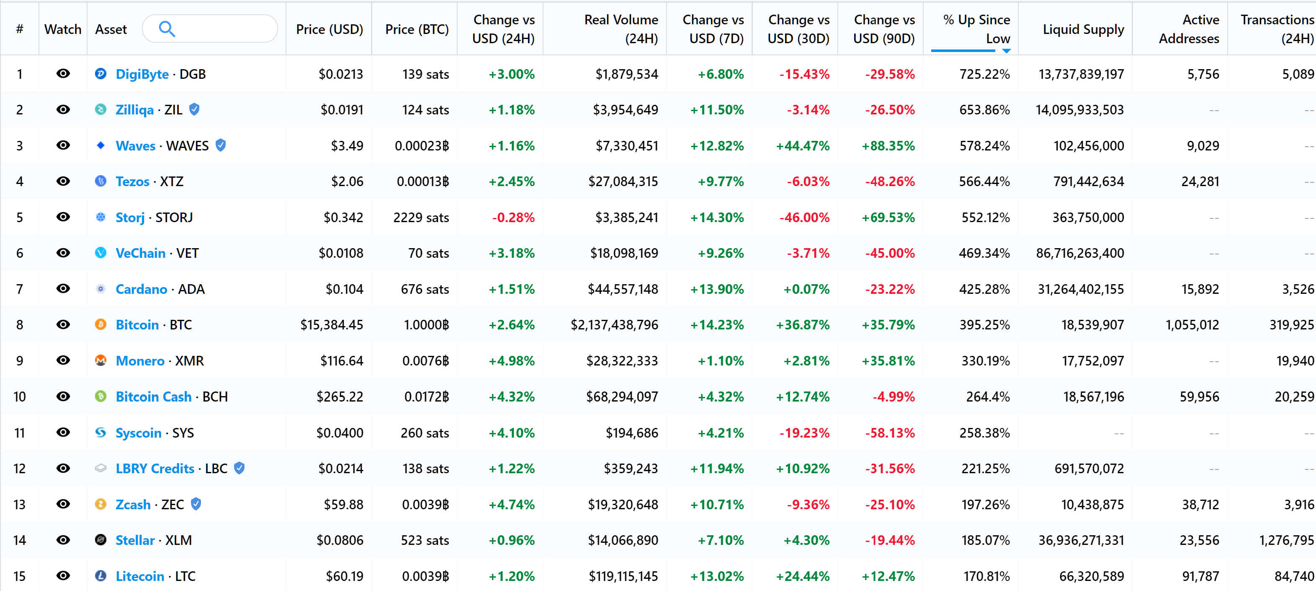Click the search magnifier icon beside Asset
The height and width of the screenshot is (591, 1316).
167,29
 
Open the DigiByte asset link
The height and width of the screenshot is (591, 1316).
142,74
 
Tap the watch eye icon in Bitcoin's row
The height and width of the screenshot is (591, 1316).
63,325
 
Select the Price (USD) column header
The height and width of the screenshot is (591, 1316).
330,29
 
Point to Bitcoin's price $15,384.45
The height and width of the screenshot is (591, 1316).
332,325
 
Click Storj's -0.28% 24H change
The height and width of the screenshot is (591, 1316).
513,217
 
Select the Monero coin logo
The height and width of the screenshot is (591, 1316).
100,360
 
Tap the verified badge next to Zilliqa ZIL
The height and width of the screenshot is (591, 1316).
194,109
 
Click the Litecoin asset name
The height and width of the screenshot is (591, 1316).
140,576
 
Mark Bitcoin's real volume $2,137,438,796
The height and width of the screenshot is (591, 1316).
614,325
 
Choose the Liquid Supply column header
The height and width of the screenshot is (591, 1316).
1083,29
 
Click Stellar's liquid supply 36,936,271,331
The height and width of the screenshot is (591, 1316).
1081,540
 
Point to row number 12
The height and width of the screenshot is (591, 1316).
19,468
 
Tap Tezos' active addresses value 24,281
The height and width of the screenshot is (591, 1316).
1200,181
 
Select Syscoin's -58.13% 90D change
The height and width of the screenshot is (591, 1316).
889,433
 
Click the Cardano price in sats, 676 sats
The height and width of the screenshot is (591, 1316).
425,289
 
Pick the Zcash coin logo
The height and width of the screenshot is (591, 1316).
100,504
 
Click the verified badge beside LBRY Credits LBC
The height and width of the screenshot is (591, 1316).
239,468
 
